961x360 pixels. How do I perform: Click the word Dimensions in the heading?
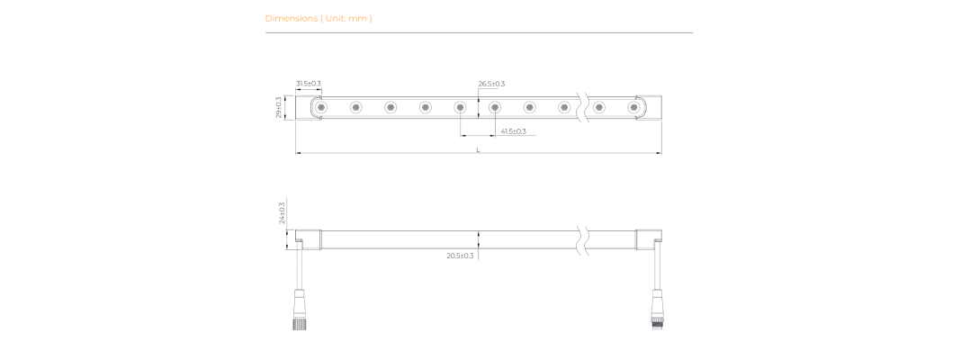click(x=292, y=18)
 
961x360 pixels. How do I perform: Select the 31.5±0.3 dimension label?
click(x=309, y=84)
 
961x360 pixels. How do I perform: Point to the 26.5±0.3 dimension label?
click(x=491, y=84)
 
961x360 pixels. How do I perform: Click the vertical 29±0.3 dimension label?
click(x=279, y=107)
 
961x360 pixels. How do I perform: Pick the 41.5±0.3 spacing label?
click(x=514, y=131)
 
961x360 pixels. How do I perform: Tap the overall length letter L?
click(x=478, y=149)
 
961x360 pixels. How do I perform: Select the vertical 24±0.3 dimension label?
click(x=283, y=212)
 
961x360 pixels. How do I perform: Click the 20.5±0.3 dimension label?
click(x=461, y=256)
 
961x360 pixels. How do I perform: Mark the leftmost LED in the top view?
click(x=320, y=107)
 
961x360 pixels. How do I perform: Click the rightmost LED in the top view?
click(x=633, y=107)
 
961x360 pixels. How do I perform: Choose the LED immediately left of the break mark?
click(x=564, y=107)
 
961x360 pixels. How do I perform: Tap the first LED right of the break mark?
click(x=598, y=107)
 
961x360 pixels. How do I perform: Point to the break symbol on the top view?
click(x=582, y=107)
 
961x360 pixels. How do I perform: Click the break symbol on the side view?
click(x=582, y=239)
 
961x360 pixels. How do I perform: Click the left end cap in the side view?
click(x=309, y=239)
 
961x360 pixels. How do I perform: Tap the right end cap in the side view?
click(x=649, y=239)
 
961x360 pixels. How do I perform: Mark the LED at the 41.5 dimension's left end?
click(x=460, y=107)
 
